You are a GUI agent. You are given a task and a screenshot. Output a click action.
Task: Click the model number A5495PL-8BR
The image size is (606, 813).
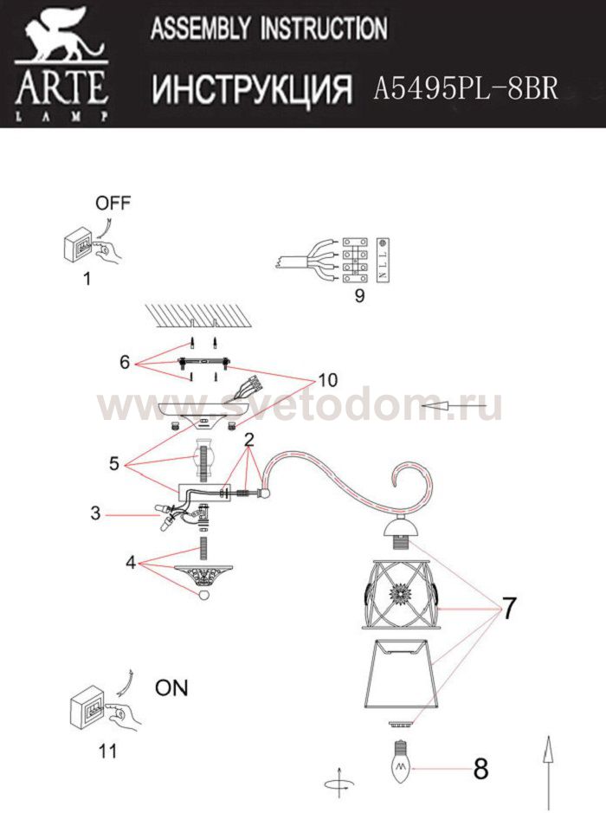466,88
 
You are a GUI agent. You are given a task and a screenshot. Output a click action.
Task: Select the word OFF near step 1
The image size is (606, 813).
113,203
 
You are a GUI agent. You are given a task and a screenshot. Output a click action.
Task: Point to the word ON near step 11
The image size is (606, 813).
171,688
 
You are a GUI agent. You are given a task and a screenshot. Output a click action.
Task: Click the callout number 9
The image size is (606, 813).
359,295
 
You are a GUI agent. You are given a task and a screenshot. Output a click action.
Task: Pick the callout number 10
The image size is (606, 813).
328,380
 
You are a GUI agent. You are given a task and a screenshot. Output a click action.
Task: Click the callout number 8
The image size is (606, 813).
480,769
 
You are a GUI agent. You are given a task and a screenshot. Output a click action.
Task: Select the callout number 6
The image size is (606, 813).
125,362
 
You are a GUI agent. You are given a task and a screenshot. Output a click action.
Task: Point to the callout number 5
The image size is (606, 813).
114,463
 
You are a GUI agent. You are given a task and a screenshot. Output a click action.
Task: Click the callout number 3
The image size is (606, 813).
95,513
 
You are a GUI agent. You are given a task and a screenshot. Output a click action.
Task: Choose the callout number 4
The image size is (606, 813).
130,562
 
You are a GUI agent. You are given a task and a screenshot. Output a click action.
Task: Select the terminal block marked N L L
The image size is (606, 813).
382,261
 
